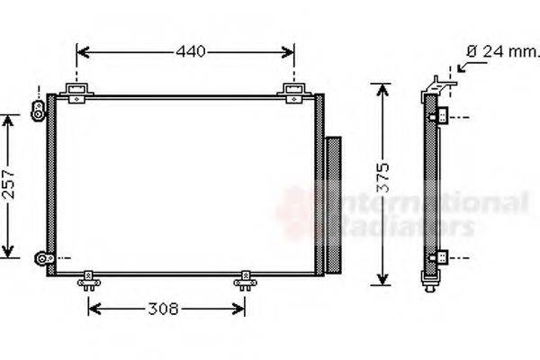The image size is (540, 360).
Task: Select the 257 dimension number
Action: pos(9,185)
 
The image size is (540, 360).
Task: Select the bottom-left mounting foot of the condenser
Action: pos(88,282)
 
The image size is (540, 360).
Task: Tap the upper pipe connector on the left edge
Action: pos(39,109)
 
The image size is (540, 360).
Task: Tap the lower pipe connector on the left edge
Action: pos(41,259)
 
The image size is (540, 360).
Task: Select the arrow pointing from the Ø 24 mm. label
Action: pos(464,63)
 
